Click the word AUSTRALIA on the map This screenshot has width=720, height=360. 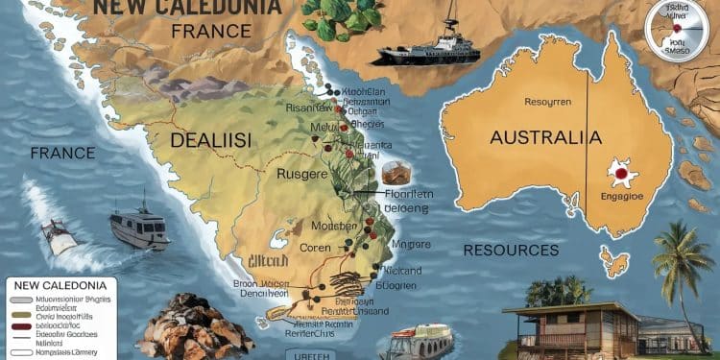[538, 138]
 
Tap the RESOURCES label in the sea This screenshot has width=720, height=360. [510, 251]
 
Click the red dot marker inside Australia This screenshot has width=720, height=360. [619, 176]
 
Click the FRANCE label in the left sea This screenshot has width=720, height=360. [62, 153]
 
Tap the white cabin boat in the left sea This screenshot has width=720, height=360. [138, 227]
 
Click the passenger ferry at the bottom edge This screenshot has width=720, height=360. [421, 340]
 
